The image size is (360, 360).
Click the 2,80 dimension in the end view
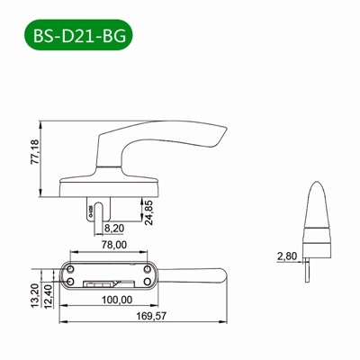pyautogui.click(x=287, y=256)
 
